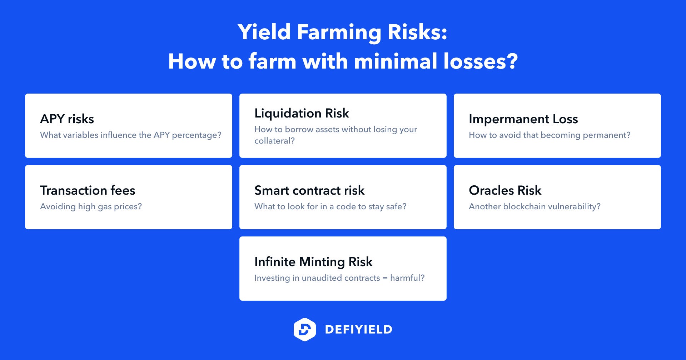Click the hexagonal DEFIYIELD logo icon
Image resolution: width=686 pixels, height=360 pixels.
click(304, 329)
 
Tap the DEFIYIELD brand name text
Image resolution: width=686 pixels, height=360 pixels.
click(359, 329)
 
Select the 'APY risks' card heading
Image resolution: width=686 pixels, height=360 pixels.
click(67, 119)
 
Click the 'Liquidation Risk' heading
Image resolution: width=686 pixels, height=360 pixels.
click(302, 113)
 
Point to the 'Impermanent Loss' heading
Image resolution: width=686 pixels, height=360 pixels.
click(523, 119)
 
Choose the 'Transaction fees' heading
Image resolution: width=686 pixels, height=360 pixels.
click(88, 190)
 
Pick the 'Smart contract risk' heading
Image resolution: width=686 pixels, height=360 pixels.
click(309, 190)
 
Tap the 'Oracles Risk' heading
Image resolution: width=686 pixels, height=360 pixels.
click(505, 190)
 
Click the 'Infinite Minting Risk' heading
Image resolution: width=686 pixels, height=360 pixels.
click(313, 262)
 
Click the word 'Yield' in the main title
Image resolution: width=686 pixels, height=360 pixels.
click(264, 32)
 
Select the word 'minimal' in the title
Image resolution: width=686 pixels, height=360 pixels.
click(396, 61)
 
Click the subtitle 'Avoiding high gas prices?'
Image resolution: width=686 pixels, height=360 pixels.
click(91, 206)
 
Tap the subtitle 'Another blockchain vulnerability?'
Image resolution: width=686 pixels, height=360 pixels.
click(535, 206)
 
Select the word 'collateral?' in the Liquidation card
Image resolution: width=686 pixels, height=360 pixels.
click(274, 141)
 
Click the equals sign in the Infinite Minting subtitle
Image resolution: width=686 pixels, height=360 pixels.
click(385, 278)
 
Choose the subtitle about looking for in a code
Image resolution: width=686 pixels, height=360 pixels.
click(330, 206)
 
